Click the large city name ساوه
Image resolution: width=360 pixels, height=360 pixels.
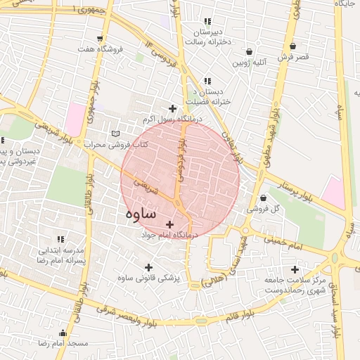click(142, 212)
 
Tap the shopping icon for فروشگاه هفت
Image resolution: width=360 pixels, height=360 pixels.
click(100, 38)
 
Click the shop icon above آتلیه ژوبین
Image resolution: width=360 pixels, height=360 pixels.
click(250, 51)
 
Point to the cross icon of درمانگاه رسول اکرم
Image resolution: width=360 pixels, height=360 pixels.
click(172, 108)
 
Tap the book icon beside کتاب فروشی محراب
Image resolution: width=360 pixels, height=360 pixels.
click(117, 133)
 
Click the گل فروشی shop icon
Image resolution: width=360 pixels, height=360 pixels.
click(263, 198)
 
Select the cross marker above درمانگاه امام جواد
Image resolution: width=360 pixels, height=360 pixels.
click(169, 224)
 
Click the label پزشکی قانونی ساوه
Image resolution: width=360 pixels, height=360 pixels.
click(148, 278)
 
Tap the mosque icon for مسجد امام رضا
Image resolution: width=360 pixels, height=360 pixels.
click(63, 333)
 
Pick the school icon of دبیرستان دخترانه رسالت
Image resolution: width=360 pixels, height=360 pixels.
click(207, 22)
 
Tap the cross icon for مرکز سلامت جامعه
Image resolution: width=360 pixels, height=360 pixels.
click(295, 269)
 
